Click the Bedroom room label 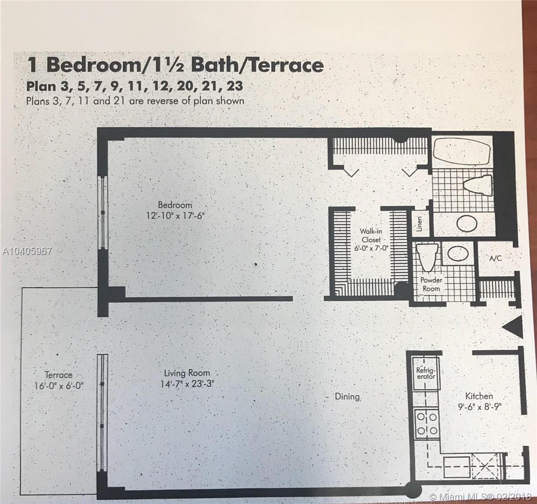pos(175,205)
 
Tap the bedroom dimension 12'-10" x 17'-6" pos(175,216)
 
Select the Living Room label pos(187,373)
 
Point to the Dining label pos(347,396)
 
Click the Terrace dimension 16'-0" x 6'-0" pos(59,385)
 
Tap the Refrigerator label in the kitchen pos(426,373)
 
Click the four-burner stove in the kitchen pos(426,424)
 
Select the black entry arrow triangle pos(512,327)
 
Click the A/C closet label pos(495,258)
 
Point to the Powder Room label pos(431,284)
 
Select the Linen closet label pos(419,223)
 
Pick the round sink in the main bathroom pos(466,223)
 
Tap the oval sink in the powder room pos(458,253)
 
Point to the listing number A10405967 pos(26,252)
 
